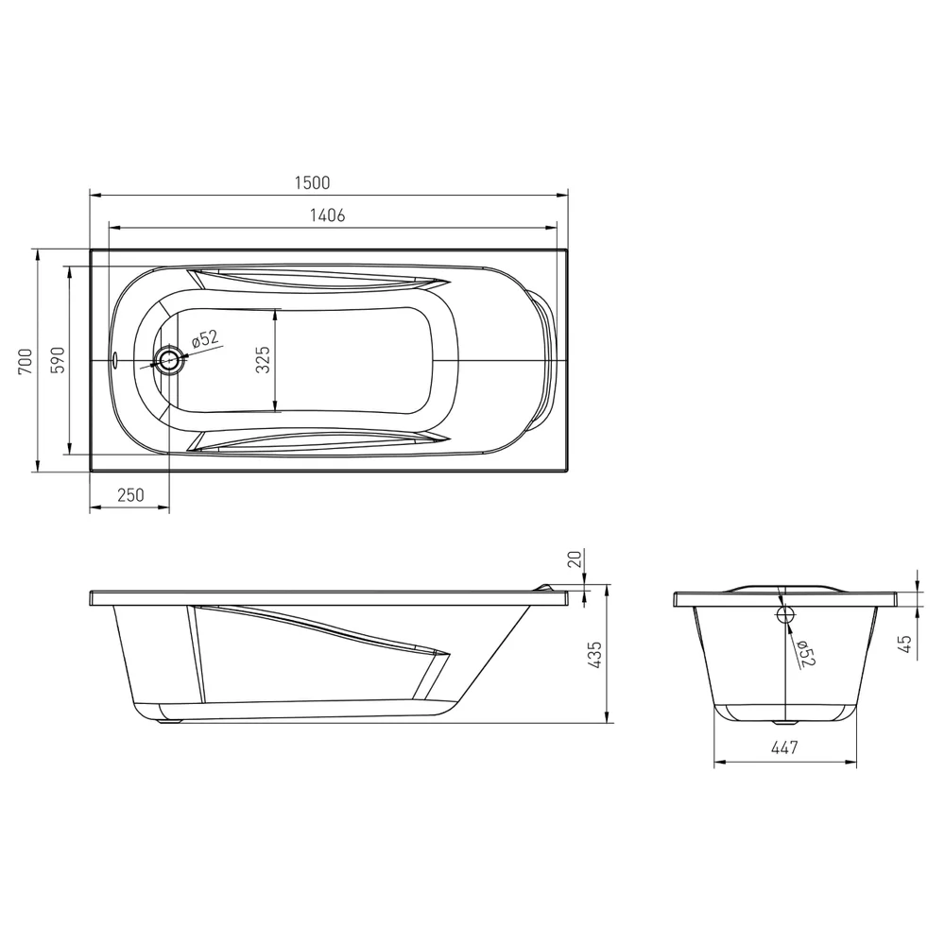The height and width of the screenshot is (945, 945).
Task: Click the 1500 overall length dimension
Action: click(x=312, y=182)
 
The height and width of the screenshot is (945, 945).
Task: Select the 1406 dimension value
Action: click(x=327, y=215)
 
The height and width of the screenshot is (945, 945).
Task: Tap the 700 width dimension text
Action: click(x=26, y=362)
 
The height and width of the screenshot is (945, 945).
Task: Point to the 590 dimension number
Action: click(x=58, y=360)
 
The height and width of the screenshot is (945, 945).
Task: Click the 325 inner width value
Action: click(x=263, y=360)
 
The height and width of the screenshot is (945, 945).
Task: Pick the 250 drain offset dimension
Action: click(x=130, y=495)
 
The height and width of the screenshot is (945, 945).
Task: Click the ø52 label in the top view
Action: click(x=205, y=338)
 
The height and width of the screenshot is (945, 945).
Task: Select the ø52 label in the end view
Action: click(x=806, y=653)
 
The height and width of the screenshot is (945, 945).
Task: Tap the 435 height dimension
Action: click(x=594, y=655)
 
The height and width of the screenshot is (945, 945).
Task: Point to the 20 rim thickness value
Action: click(x=576, y=558)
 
